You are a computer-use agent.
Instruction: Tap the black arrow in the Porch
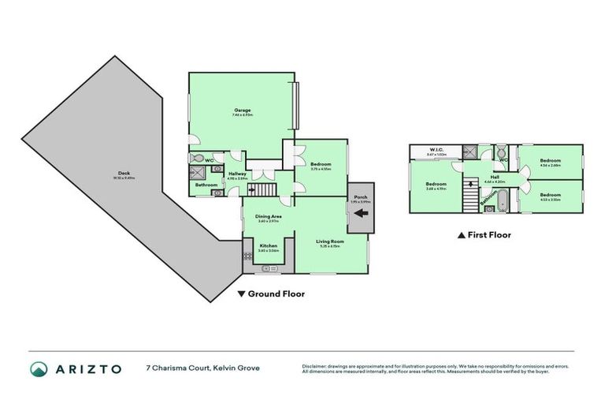pyautogui.click(x=362, y=212)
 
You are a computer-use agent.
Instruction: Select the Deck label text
pyautogui.click(x=124, y=175)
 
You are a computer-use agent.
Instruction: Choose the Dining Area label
pyautogui.click(x=269, y=218)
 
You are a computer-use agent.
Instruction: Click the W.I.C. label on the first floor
pyautogui.click(x=436, y=151)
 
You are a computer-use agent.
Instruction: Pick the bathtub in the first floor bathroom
pyautogui.click(x=499, y=208)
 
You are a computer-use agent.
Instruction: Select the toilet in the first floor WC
pyautogui.click(x=501, y=151)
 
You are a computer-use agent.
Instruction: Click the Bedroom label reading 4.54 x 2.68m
pyautogui.click(x=550, y=163)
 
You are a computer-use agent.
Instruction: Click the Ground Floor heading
pyautogui.click(x=271, y=294)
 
